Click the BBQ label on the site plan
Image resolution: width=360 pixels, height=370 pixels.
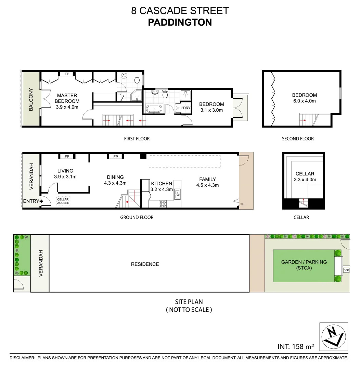346,270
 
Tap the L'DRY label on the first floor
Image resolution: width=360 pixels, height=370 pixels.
185,108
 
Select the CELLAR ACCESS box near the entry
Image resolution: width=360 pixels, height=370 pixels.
63,201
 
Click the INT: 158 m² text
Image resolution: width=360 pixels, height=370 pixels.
296,346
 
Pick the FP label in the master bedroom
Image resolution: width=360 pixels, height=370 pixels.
67,74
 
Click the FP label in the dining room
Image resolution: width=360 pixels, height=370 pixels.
116,157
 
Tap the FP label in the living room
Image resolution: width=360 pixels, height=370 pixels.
67,157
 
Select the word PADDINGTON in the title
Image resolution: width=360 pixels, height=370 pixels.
180,23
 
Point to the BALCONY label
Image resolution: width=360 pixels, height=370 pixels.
31,100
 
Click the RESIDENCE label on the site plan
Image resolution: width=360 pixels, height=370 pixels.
145,264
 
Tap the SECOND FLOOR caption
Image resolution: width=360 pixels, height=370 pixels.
298,139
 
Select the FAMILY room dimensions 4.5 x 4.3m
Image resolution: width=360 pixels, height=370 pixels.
207,185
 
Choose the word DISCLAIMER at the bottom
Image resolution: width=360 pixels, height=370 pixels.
22,358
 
